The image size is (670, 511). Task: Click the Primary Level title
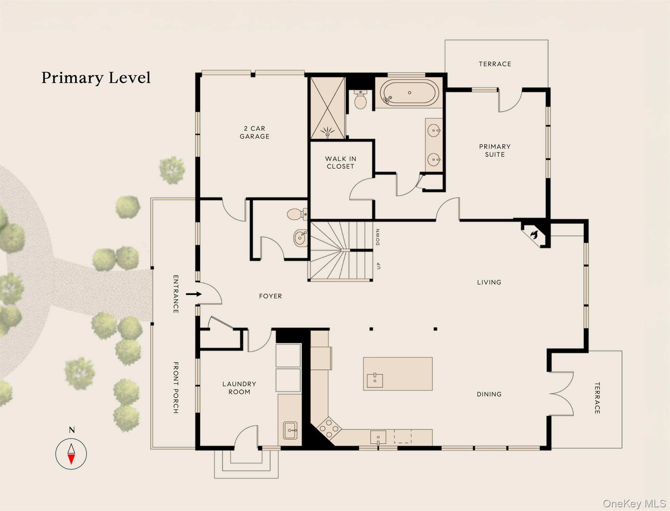(96, 78)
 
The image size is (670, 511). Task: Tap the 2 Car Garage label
(255, 132)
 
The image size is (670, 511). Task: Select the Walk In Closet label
(340, 163)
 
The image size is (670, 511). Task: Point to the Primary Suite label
(495, 150)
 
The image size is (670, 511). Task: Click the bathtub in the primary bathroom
(409, 93)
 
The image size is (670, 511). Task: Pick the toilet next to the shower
(360, 99)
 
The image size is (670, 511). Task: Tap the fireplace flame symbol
(534, 234)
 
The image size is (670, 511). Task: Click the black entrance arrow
(194, 294)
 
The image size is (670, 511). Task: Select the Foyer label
(270, 296)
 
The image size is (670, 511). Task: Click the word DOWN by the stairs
(378, 237)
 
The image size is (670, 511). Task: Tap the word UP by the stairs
(378, 265)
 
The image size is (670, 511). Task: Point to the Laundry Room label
(239, 388)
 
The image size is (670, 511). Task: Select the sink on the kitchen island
(375, 381)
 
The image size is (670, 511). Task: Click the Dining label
(489, 394)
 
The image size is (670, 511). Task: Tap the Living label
(489, 282)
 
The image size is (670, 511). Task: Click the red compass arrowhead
(71, 459)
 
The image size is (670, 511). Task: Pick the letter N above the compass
(72, 430)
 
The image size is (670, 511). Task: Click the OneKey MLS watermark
(634, 504)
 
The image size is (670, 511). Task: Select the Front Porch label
(176, 388)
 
